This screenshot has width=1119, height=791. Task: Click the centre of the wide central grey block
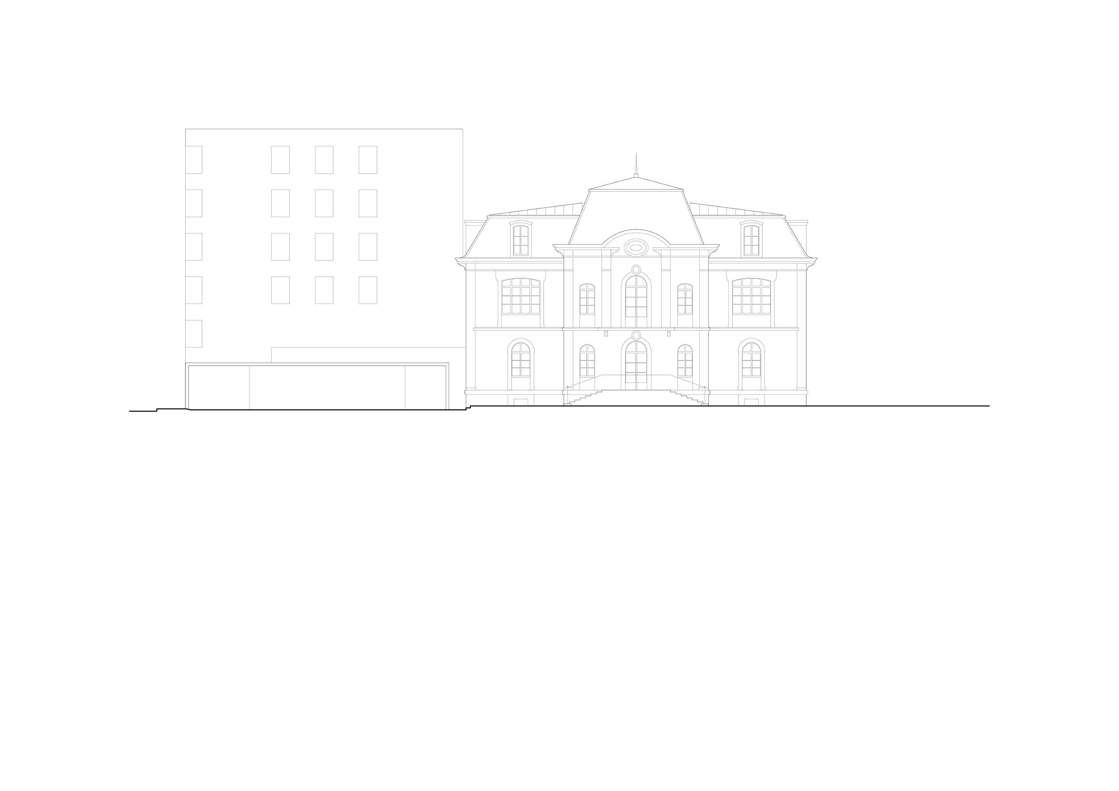pos(636,317)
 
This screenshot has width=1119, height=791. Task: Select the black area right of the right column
pos(858,337)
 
